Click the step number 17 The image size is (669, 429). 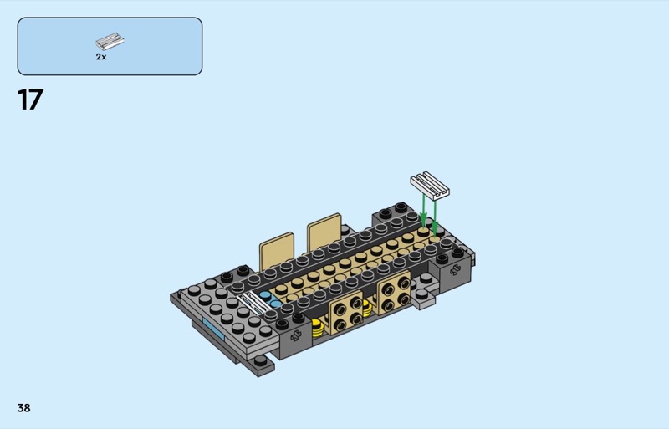pyautogui.click(x=30, y=100)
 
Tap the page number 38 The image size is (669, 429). pyautogui.click(x=24, y=408)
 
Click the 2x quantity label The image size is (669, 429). pyautogui.click(x=101, y=57)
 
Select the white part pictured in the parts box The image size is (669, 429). pyautogui.click(x=110, y=42)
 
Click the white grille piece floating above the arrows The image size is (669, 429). pyautogui.click(x=430, y=186)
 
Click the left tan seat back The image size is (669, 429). pyautogui.click(x=277, y=251)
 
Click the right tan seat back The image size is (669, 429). pyautogui.click(x=324, y=232)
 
